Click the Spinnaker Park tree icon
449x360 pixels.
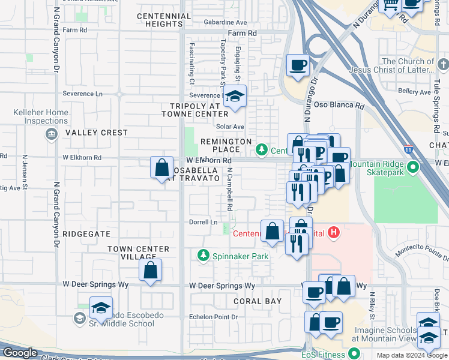tap(203, 256)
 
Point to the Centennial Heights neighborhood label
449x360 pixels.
tap(160, 20)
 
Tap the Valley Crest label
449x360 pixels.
tap(97, 133)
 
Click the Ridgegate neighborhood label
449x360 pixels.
tap(86, 234)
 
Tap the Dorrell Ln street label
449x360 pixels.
tap(203, 222)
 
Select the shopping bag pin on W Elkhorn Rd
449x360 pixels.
tap(162, 167)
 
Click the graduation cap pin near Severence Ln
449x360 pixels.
tap(235, 97)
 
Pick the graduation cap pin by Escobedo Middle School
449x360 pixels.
tap(101, 308)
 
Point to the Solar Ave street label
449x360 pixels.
tap(230, 127)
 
